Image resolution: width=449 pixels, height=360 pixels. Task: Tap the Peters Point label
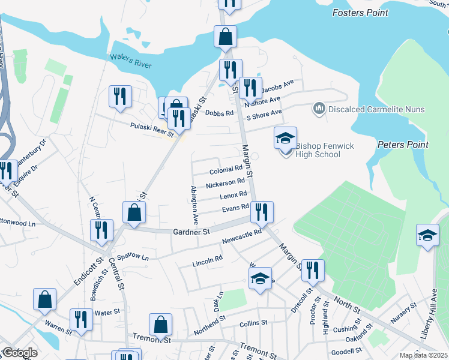pos(403,145)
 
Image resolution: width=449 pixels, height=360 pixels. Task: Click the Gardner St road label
pos(191,231)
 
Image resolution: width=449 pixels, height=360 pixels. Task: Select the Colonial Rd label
pos(225,171)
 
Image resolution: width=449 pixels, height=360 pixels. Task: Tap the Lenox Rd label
pos(234,195)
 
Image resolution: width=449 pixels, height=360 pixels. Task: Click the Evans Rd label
pos(235,208)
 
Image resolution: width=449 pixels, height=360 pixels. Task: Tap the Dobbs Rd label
pos(219,112)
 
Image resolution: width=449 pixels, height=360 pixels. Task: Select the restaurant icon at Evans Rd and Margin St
pos(262,211)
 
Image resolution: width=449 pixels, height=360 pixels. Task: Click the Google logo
pos(20,353)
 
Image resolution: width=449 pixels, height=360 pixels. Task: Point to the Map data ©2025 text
pos(423,355)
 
